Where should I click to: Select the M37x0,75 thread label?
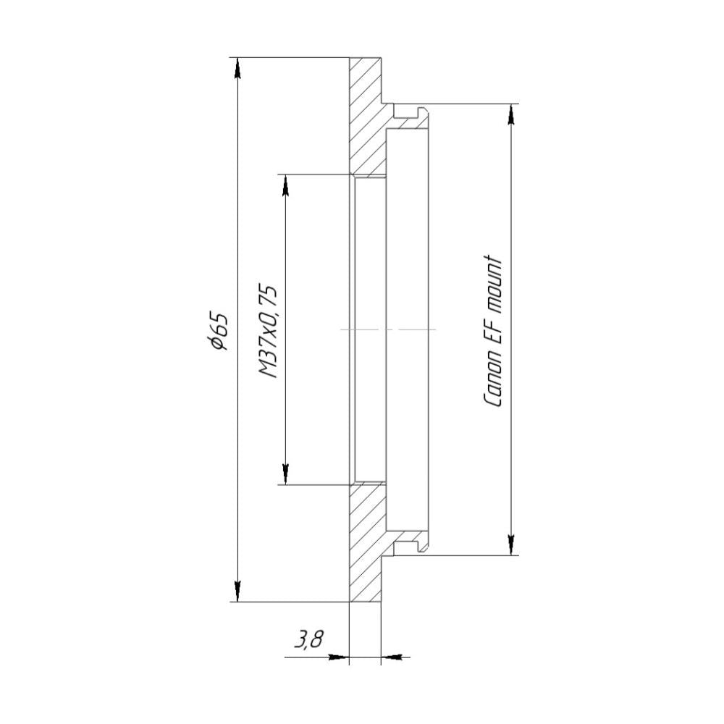point(268,331)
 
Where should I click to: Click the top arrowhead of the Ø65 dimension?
point(237,68)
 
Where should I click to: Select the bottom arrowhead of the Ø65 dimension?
point(237,591)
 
